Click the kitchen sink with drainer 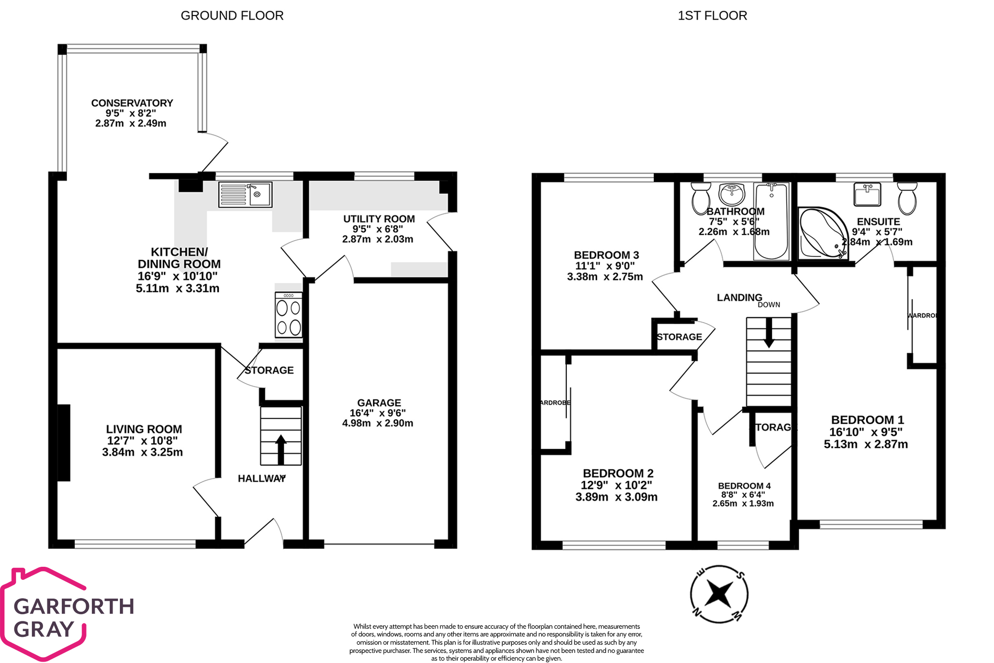245,194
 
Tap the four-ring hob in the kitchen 288,315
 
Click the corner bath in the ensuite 820,233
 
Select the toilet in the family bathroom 701,198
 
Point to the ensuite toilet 907,198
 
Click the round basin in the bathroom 732,193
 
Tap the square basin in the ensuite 867,194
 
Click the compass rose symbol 719,594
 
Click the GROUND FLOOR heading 232,15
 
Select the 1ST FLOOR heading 712,15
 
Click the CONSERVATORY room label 132,103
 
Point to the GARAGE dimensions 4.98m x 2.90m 377,423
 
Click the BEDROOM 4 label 744,486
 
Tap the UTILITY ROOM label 379,219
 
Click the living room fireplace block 64,442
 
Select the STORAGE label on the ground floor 269,370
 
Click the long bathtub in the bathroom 771,221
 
